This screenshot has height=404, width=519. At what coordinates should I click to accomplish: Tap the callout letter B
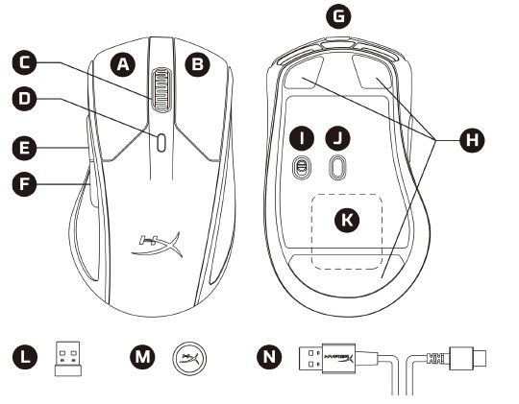tap(197, 64)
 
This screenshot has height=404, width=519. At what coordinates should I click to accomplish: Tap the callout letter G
tap(337, 16)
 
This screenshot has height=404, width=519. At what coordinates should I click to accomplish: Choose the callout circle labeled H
tap(470, 139)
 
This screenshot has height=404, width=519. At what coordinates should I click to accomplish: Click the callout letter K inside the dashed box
tap(346, 221)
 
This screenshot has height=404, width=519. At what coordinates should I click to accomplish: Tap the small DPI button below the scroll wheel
tap(161, 140)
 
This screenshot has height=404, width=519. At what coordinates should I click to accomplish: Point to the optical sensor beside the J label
tap(337, 167)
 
